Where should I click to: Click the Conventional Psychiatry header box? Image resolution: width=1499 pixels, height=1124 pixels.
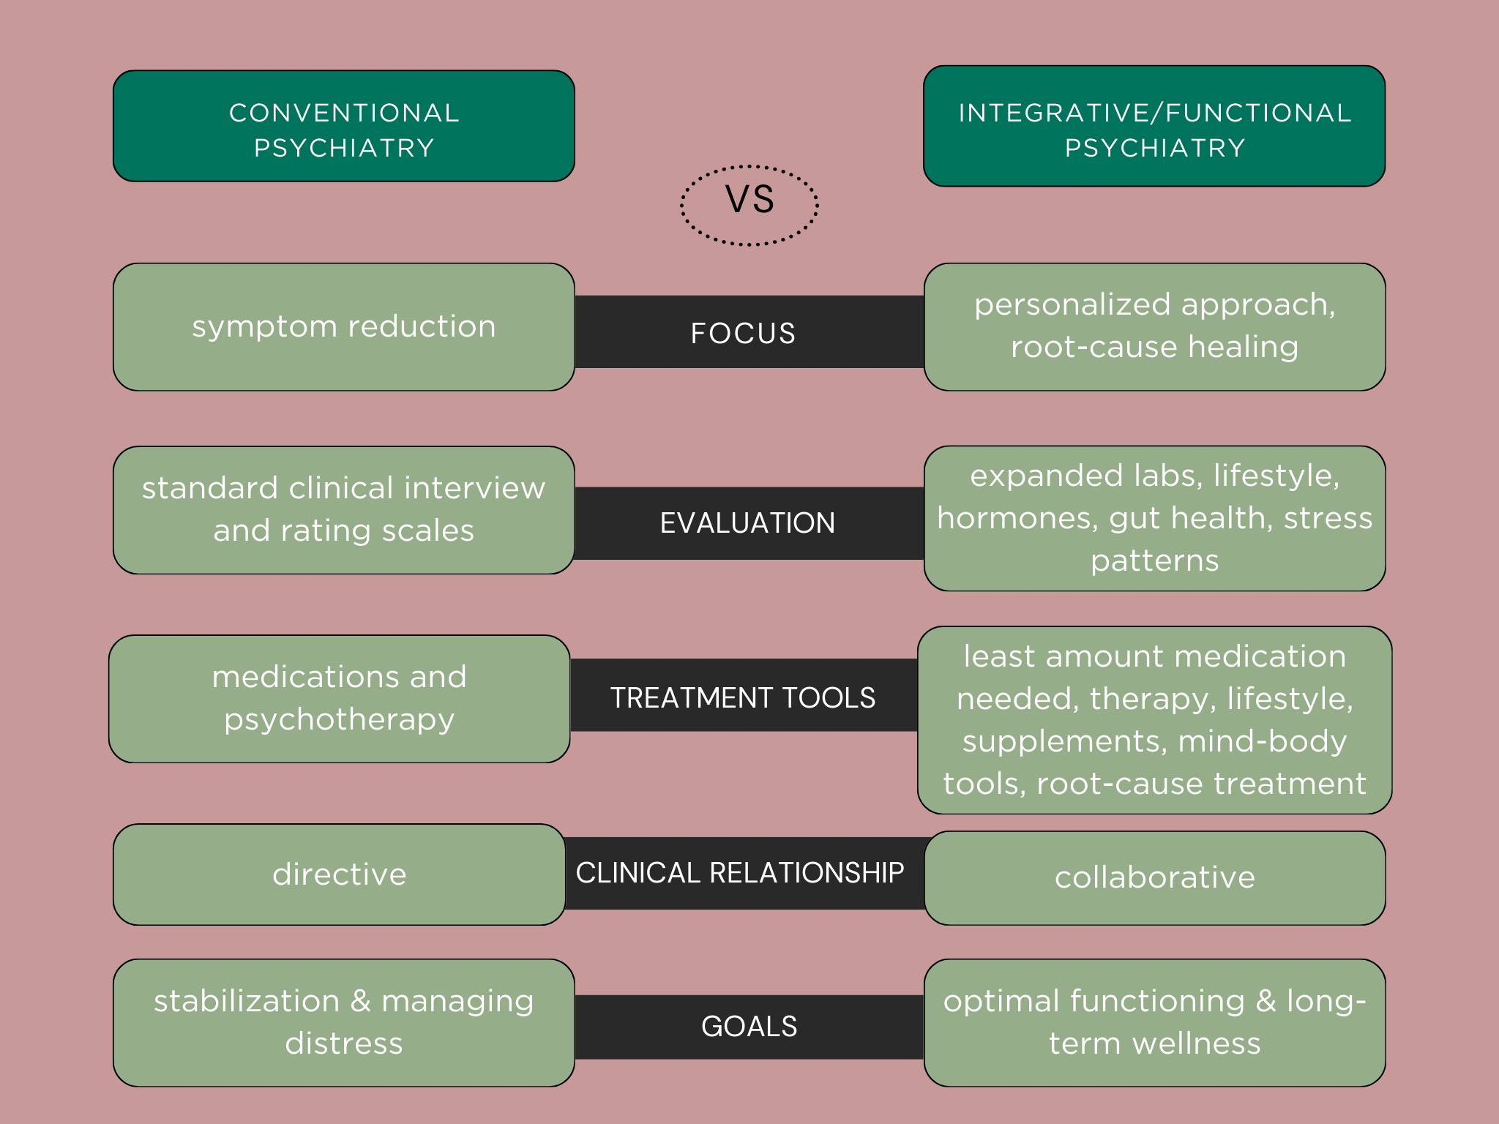(x=343, y=126)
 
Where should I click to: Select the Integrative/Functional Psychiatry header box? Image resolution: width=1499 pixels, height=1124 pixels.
(x=1154, y=126)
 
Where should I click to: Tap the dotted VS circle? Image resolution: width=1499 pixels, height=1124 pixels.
(x=749, y=205)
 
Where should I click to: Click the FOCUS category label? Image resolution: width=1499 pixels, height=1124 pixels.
(x=743, y=333)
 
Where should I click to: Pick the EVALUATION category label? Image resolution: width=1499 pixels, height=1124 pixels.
(x=747, y=523)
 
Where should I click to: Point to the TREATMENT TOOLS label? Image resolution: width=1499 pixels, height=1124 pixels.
(x=743, y=697)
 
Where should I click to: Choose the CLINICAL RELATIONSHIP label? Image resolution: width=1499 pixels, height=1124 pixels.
(x=740, y=873)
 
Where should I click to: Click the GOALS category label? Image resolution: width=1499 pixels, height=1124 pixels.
(x=749, y=1027)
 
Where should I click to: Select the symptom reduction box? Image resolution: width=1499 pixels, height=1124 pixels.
(x=343, y=326)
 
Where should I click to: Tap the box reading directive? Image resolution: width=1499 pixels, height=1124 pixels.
(x=339, y=874)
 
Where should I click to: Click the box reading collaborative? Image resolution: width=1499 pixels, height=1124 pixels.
(x=1154, y=877)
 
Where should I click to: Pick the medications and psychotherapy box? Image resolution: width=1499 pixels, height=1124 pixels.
(x=339, y=698)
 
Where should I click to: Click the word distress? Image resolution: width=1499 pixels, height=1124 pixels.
(x=343, y=1044)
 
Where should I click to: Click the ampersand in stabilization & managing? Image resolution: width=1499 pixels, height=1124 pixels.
(x=360, y=1001)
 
